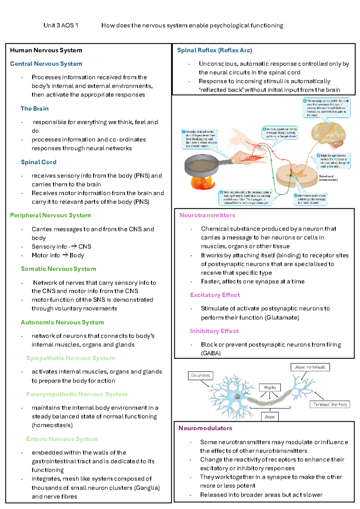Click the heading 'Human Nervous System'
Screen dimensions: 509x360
pyautogui.click(x=46, y=50)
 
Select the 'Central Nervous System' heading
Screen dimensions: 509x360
pyautogui.click(x=46, y=64)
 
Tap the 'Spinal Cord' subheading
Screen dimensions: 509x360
pyautogui.click(x=39, y=162)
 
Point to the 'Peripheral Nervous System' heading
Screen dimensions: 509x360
pyautogui.click(x=50, y=215)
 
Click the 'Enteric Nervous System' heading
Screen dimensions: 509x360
pyautogui.click(x=62, y=439)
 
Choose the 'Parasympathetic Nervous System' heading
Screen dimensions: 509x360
pyautogui.click(x=76, y=394)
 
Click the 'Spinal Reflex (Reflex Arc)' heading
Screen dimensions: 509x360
pyautogui.click(x=214, y=50)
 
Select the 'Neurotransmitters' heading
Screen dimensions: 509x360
pyautogui.click(x=207, y=215)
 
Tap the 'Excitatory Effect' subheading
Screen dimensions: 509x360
pyautogui.click(x=215, y=295)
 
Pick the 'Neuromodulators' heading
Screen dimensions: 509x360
pyautogui.click(x=205, y=428)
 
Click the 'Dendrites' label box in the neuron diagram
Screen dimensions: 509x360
pyautogui.click(x=200, y=375)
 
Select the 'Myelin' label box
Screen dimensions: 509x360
pyautogui.click(x=270, y=387)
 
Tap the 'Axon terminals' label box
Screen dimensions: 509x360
pyautogui.click(x=310, y=367)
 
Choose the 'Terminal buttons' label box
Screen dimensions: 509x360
pyautogui.click(x=330, y=405)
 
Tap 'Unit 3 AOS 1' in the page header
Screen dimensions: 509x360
pyautogui.click(x=61, y=26)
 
